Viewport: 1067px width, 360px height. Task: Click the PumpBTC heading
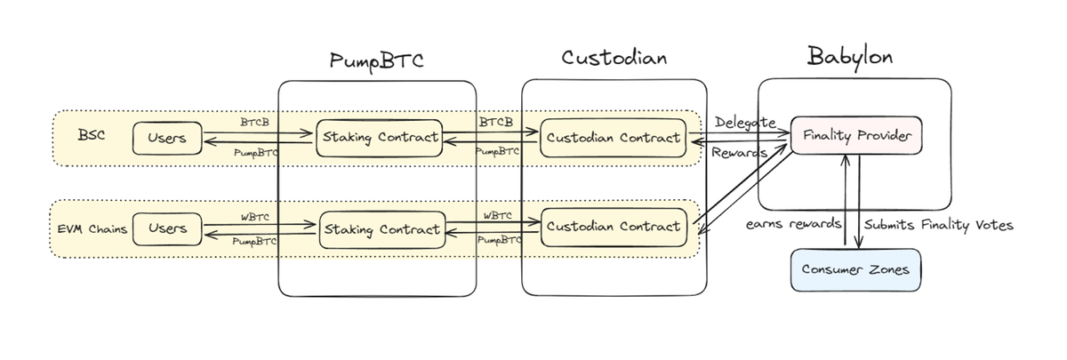click(377, 60)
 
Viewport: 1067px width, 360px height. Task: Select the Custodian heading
click(614, 59)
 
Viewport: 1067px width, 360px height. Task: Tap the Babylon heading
click(850, 57)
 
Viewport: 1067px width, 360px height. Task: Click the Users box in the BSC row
click(166, 138)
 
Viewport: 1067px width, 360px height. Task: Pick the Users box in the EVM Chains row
click(166, 228)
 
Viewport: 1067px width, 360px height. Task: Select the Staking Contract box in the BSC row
click(380, 138)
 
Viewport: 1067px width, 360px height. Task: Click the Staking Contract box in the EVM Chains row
click(381, 228)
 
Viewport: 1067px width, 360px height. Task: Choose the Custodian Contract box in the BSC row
click(614, 138)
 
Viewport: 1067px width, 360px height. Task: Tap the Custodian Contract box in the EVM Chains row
click(614, 226)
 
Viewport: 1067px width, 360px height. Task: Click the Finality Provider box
click(854, 135)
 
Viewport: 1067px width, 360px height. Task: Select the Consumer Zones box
click(855, 269)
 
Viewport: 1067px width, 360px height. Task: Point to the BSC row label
click(92, 138)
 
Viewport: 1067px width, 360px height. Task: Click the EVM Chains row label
click(87, 229)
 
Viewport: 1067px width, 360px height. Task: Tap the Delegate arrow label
click(745, 122)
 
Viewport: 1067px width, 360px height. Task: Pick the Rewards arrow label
click(738, 152)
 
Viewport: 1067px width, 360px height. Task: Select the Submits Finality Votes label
click(939, 225)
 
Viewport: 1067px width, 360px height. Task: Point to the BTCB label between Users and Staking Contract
click(254, 120)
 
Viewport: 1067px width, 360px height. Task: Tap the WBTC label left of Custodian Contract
click(497, 214)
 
